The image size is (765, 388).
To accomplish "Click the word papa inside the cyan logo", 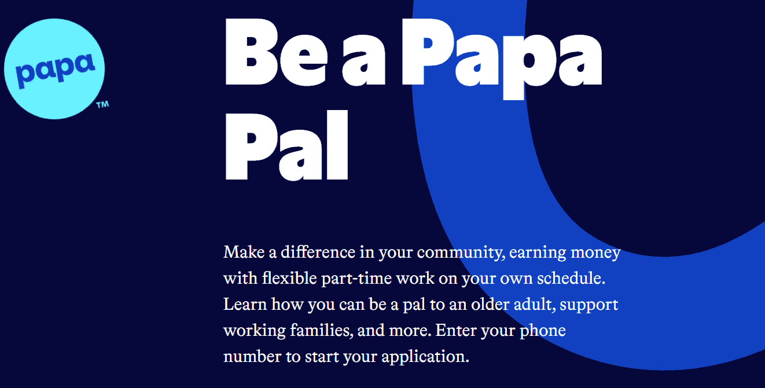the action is tap(54, 71).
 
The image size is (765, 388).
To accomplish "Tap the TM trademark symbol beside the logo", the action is tap(102, 105).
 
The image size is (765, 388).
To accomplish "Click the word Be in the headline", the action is tap(275, 52).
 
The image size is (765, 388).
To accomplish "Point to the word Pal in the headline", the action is tap(286, 145).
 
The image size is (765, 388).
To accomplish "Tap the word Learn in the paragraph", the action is tap(245, 304).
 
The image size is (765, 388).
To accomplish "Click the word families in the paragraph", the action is tap(320, 330).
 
